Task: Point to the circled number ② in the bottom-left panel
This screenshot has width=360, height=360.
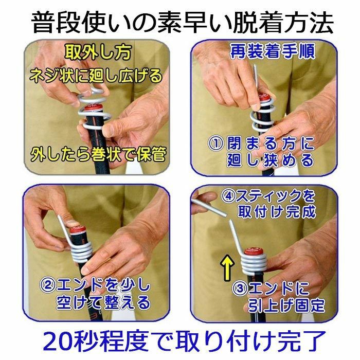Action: click(x=48, y=283)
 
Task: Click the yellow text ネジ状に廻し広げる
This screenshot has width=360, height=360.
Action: click(x=98, y=76)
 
